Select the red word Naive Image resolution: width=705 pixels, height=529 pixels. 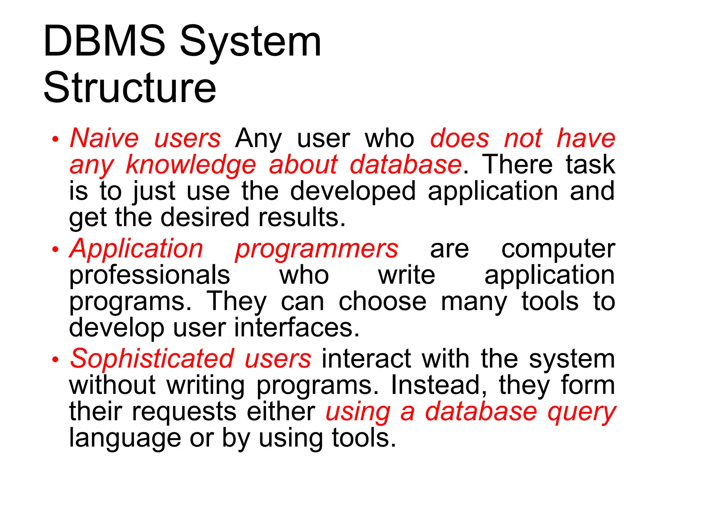(104, 138)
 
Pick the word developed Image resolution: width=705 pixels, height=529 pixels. (353, 191)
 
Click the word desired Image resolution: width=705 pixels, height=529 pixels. (205, 218)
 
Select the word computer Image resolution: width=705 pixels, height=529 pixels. (558, 249)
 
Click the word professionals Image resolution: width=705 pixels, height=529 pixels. (149, 276)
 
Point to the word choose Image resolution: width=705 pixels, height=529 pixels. (382, 302)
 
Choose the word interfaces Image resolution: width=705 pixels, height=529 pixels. (297, 328)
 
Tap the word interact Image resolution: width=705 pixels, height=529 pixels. (366, 359)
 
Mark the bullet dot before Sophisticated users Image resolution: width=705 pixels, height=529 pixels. (55, 360)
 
